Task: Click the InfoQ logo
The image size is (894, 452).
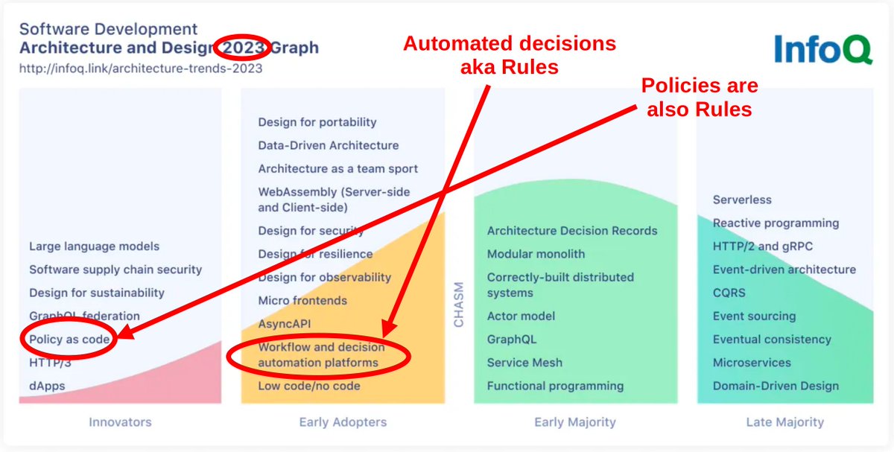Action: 822,49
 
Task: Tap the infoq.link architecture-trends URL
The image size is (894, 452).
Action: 141,69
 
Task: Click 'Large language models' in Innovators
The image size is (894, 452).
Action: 94,246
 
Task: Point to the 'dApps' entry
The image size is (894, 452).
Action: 47,386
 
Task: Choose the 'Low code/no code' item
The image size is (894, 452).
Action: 309,386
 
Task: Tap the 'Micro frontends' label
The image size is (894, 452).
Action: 302,301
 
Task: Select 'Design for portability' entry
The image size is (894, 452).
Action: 317,122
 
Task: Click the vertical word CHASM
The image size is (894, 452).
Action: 458,304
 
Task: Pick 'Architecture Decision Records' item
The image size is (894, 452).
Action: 572,231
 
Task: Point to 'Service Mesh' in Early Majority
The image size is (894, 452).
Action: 524,363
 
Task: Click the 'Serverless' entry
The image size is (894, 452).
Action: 742,200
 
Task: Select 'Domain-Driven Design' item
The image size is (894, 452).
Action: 776,386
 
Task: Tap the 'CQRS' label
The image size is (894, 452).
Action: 729,293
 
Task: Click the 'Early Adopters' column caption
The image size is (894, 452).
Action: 343,422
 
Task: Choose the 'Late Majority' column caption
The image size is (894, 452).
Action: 785,422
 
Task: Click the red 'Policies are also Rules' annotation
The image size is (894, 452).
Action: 700,98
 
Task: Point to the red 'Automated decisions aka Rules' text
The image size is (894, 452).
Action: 510,55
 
